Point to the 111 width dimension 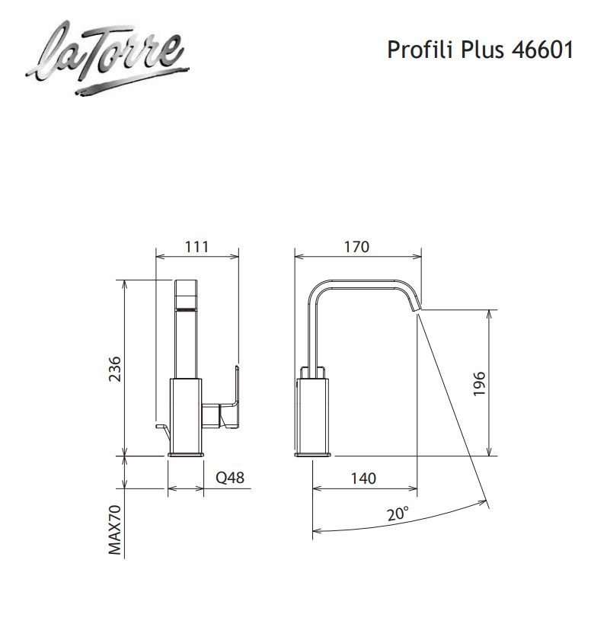click(x=196, y=246)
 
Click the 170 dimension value click(x=356, y=246)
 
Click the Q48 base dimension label click(x=229, y=479)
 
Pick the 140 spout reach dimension click(x=364, y=479)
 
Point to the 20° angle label click(x=397, y=514)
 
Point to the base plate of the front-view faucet click(x=186, y=455)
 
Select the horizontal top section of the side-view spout click(x=366, y=282)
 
